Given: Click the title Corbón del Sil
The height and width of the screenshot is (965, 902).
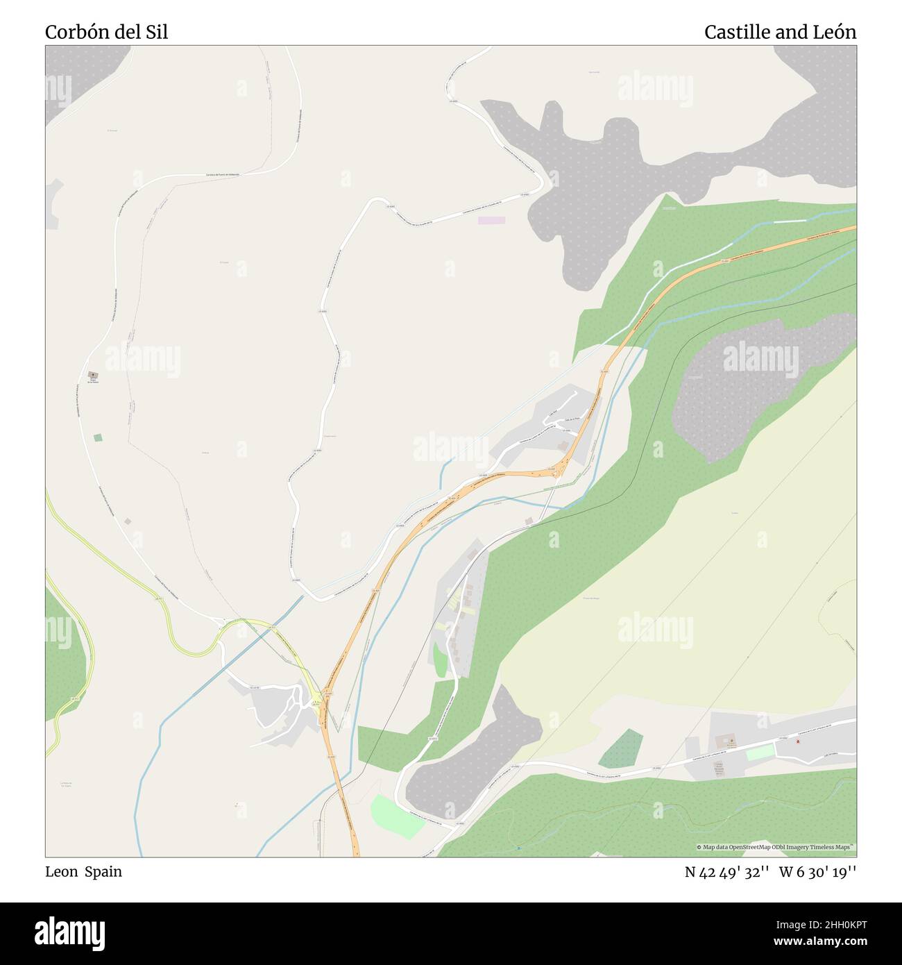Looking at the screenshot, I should [x=106, y=32].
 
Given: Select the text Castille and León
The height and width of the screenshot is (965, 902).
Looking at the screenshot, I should [x=780, y=32].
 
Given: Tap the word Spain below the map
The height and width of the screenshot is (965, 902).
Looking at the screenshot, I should [x=103, y=871].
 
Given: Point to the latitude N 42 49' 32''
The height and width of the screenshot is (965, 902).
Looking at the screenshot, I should [x=726, y=871].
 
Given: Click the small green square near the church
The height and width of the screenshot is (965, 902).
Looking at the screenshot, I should [x=97, y=437].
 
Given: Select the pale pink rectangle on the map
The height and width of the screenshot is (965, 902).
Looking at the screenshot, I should [x=491, y=220].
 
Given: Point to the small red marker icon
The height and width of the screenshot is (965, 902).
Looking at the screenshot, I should [x=797, y=741].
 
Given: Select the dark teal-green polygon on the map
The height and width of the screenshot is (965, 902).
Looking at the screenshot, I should [x=620, y=749].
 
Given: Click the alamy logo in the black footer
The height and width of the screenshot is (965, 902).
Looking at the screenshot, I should [x=69, y=932].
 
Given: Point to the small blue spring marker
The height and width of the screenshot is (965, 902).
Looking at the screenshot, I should [x=518, y=848].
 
